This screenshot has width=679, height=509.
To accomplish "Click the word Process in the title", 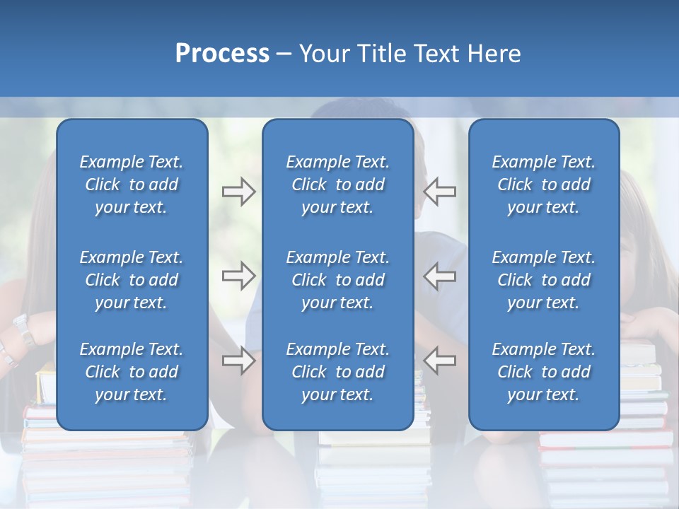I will pyautogui.click(x=222, y=54).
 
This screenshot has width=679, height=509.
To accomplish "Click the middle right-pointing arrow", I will pyautogui.click(x=238, y=276).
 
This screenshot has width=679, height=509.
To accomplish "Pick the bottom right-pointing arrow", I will pyautogui.click(x=238, y=361).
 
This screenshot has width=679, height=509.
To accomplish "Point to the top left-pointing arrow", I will pyautogui.click(x=440, y=191).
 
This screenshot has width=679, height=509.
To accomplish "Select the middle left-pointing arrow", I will pyautogui.click(x=440, y=276).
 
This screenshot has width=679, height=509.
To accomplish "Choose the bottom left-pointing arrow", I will pyautogui.click(x=440, y=360).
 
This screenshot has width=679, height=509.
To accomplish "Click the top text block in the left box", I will pyautogui.click(x=132, y=185).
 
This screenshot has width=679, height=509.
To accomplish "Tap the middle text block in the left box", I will pyautogui.click(x=132, y=280).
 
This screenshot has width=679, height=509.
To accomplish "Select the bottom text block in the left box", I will pyautogui.click(x=132, y=372).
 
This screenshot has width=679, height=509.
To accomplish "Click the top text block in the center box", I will pyautogui.click(x=338, y=185).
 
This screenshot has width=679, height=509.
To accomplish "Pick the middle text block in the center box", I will pyautogui.click(x=338, y=280).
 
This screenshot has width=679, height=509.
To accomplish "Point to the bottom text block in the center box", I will pyautogui.click(x=338, y=372).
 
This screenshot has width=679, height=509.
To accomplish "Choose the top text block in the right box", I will pyautogui.click(x=544, y=185).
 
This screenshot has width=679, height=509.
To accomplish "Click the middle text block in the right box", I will pyautogui.click(x=544, y=280).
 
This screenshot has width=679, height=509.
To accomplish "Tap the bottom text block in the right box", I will pyautogui.click(x=544, y=372).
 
